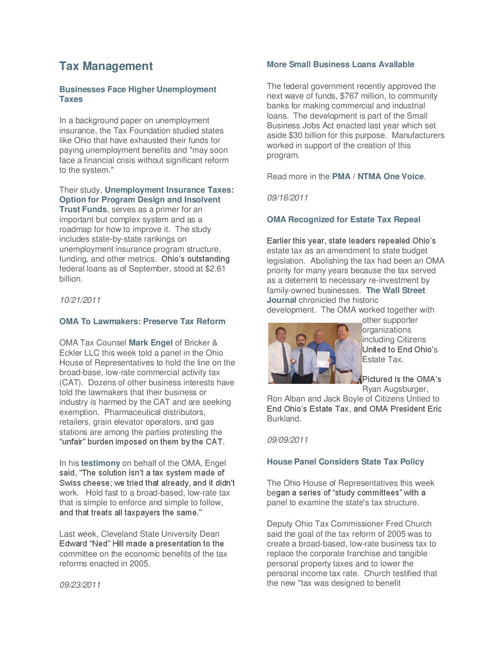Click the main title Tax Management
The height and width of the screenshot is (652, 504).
coord(106,66)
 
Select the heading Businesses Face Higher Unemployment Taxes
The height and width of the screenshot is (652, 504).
coord(138,94)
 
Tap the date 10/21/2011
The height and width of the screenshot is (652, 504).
coord(80,300)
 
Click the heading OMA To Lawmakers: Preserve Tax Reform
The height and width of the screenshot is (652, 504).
coord(142,321)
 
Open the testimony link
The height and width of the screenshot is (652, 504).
coord(101,463)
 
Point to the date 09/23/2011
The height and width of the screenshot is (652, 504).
coord(80,585)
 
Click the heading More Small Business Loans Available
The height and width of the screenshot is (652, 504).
coord(340,64)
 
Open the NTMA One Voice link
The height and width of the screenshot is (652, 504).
coord(391,176)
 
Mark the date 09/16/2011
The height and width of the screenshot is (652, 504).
coord(287,198)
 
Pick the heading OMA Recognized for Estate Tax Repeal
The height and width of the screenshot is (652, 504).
coord(343,219)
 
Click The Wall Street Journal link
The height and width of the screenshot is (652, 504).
coord(395,290)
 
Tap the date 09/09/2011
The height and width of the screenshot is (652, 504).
coord(287,440)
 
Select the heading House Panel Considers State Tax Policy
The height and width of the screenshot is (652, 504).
coord(345,462)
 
